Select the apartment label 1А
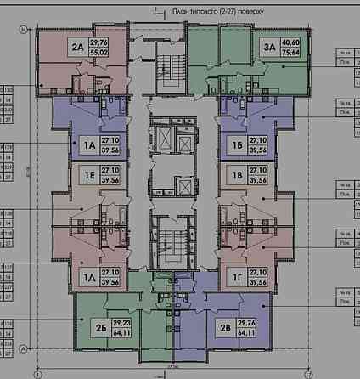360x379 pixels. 87,144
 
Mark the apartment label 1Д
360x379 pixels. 87,276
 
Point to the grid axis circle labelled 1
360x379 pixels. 38,373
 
